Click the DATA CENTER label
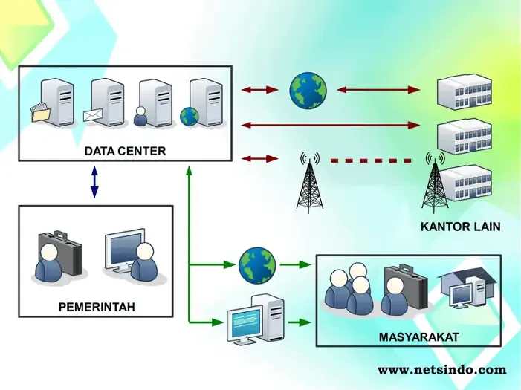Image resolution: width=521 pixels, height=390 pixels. coord(125,151)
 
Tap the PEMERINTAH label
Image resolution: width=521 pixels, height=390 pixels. coord(97,306)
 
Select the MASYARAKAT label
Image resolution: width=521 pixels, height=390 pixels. coord(418,337)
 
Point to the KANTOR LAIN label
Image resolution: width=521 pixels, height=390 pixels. coord(461,227)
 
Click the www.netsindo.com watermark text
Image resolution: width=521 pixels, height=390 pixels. coord(441,369)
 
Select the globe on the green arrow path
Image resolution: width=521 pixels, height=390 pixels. coord(257,264)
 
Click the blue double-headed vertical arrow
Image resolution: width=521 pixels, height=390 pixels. coord(94,181)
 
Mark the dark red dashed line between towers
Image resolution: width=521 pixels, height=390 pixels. coord(371,160)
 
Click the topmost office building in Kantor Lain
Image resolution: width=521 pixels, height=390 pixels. coord(465,91)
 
